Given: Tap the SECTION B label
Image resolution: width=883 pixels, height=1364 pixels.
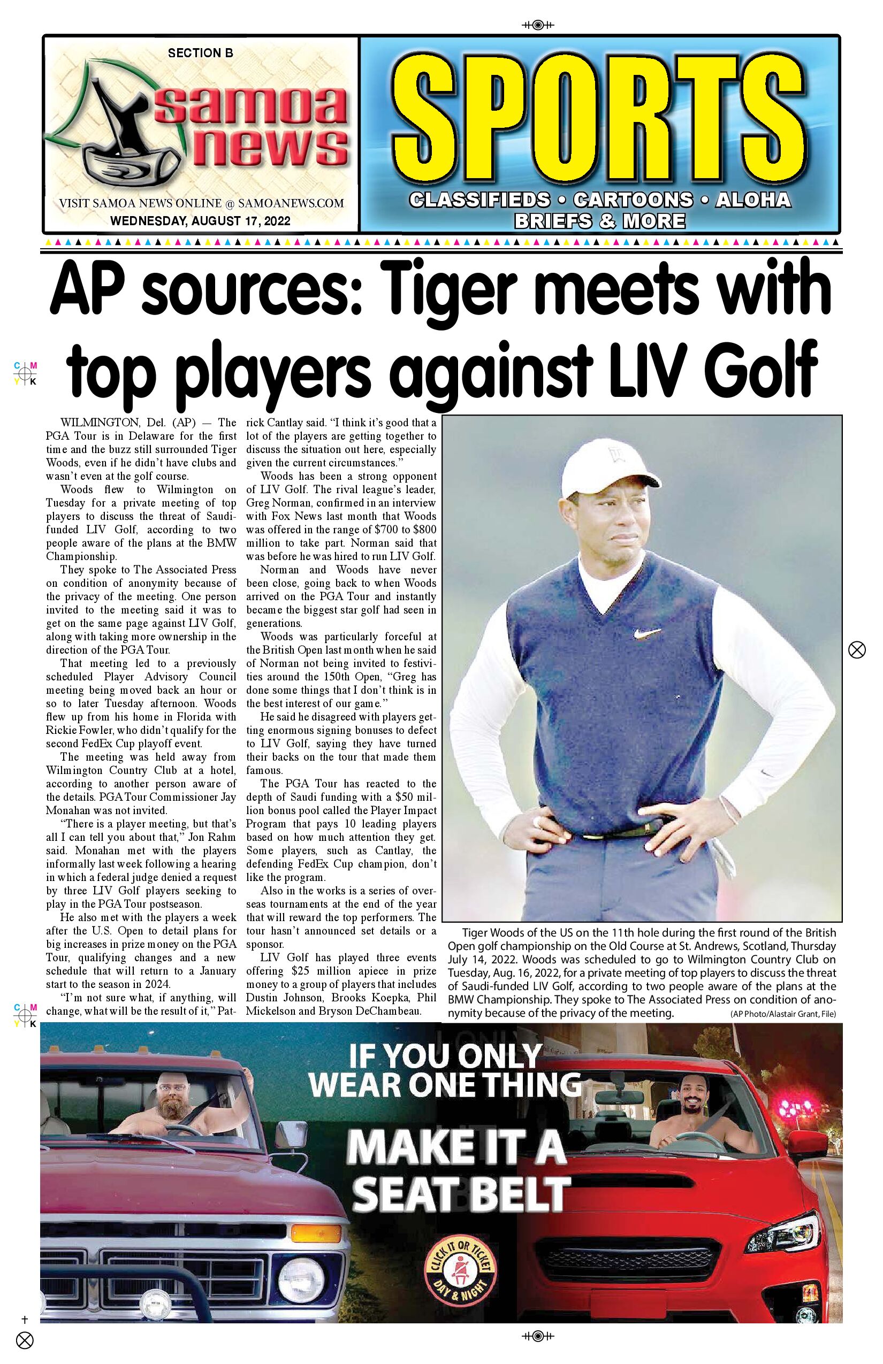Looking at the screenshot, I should [200, 53].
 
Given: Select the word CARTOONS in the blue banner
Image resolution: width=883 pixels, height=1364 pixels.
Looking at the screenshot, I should [633, 200].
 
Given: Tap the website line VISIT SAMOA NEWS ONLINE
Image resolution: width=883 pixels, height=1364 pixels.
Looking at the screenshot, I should [201, 203].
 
